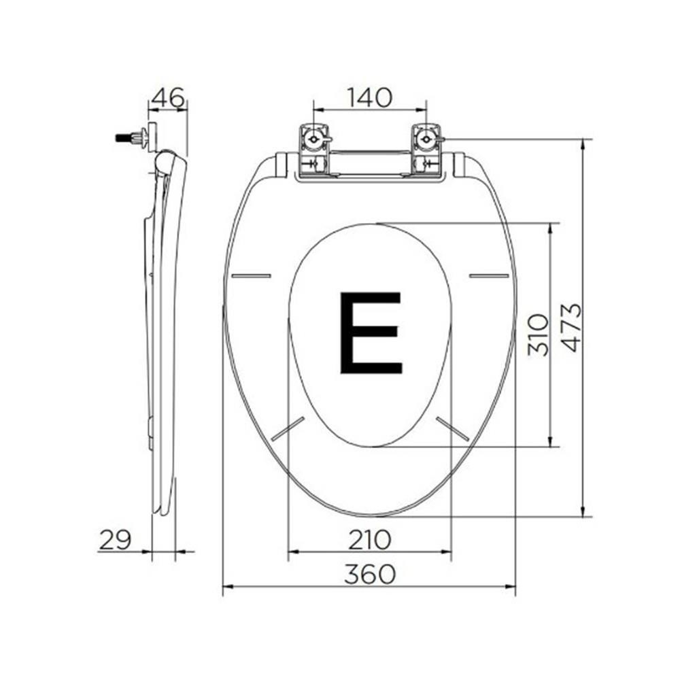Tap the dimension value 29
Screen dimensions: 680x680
pyautogui.click(x=116, y=540)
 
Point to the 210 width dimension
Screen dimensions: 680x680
pyautogui.click(x=370, y=540)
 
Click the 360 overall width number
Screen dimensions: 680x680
pyautogui.click(x=370, y=575)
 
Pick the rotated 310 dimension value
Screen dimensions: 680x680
pyautogui.click(x=539, y=335)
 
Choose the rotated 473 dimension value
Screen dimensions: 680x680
pyautogui.click(x=572, y=328)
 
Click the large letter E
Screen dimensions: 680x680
pyautogui.click(x=371, y=333)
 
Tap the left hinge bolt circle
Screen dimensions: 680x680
pyautogui.click(x=313, y=139)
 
